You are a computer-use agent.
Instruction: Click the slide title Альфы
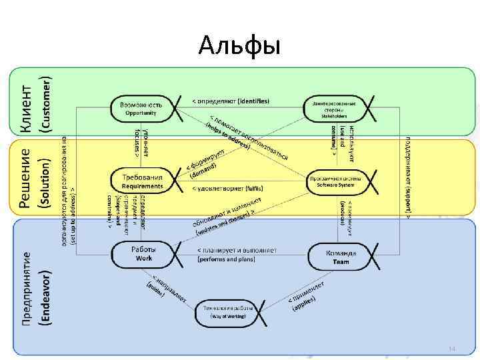[240, 46]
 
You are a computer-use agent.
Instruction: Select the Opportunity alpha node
[141, 109]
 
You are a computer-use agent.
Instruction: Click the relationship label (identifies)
[253, 101]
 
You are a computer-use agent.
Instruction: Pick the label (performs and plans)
[228, 259]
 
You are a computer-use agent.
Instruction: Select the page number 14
[451, 349]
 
